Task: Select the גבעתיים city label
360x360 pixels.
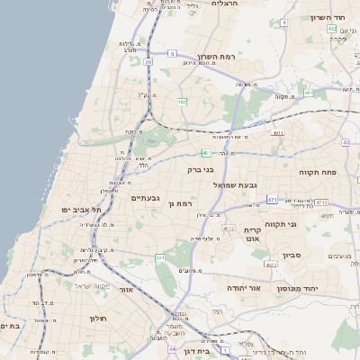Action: [145, 198]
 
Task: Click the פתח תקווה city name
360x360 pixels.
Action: [317, 171]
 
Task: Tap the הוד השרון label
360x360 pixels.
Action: [328, 17]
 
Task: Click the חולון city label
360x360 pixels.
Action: [98, 319]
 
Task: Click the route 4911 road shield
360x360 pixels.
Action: [278, 133]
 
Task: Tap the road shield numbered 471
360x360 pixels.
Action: [272, 198]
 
